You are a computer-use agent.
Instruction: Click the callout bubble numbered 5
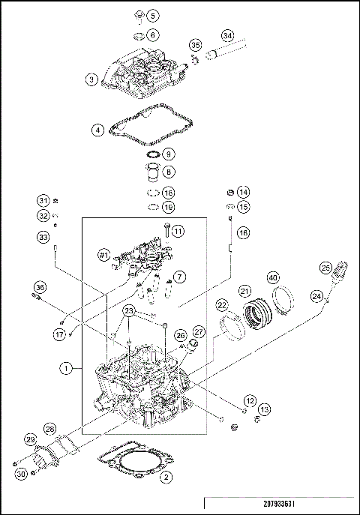pos(153,16)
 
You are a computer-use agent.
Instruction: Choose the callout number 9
pos(169,154)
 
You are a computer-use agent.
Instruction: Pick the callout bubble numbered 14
pos(244,191)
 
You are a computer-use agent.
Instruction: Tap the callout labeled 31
pos(44,200)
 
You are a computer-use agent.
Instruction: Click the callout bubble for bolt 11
pos(178,232)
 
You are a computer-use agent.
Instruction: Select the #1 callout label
pos(104,256)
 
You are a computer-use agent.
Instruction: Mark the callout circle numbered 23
pos(129,311)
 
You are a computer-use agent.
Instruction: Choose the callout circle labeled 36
pos(40,286)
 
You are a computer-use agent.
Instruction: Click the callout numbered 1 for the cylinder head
pos(67,369)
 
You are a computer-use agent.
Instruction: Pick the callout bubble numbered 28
pos(49,428)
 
